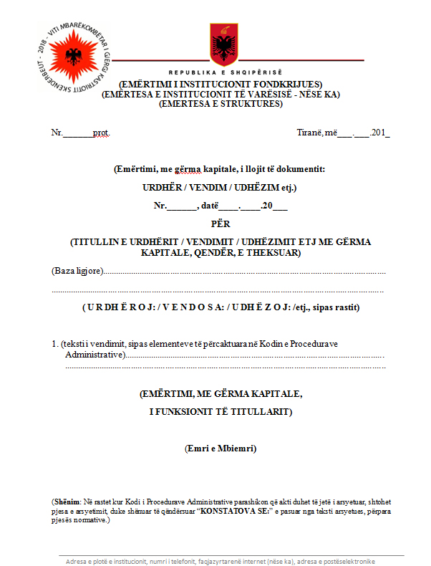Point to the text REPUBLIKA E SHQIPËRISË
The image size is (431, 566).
point(226,73)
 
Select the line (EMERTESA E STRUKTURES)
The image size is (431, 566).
point(221,103)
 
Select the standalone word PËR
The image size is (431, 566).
point(221,224)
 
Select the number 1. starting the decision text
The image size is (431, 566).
point(55,344)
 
